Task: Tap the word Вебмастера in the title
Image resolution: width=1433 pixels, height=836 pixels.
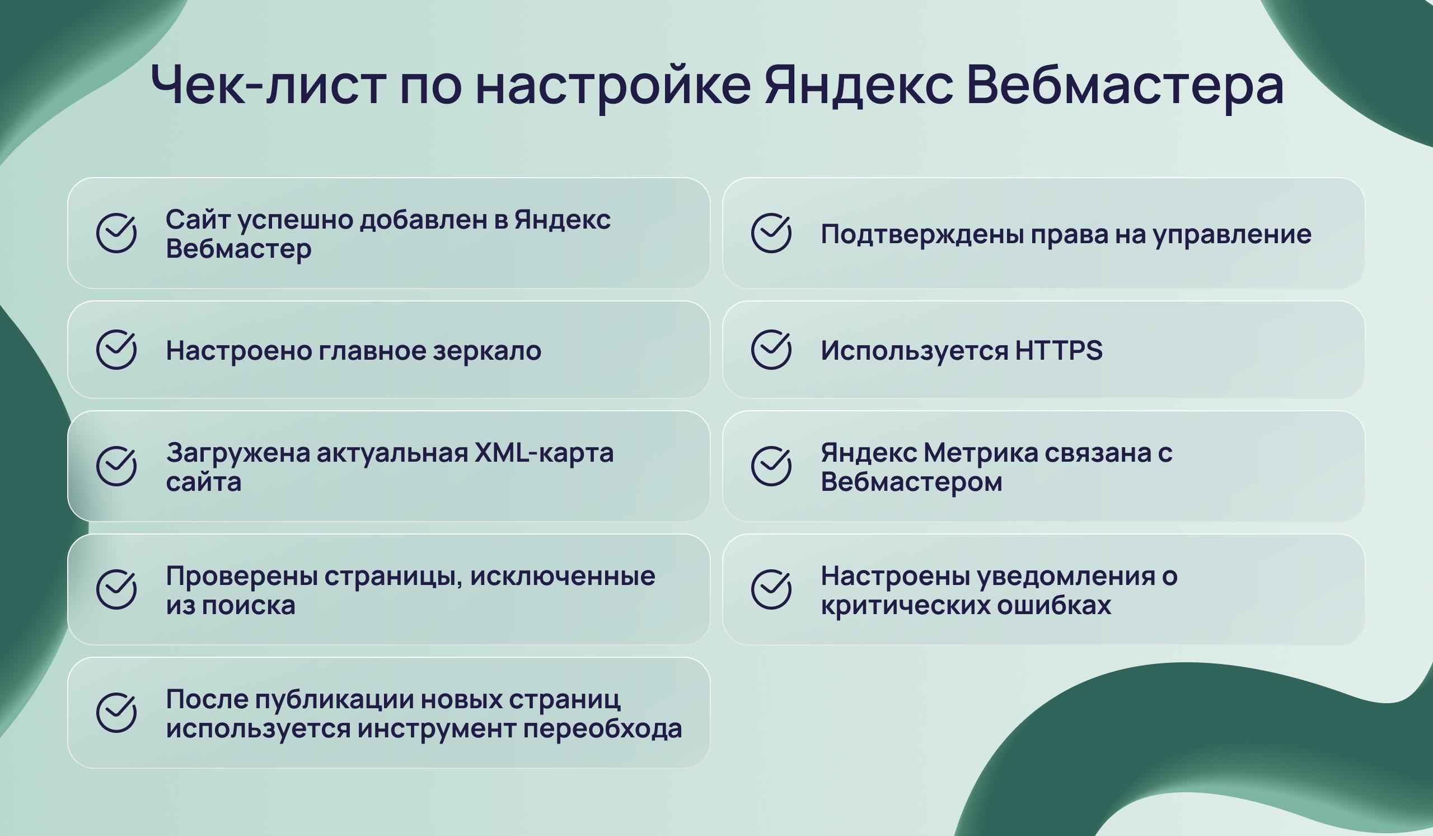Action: pos(1125,84)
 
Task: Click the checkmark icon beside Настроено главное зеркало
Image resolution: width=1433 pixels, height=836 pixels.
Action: pos(116,350)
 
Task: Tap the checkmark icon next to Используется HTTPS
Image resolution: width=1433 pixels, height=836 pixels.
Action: pos(771,350)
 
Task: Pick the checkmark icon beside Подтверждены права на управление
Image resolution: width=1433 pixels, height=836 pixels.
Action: pos(771,233)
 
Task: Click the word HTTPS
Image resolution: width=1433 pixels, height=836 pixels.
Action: pos(1059,350)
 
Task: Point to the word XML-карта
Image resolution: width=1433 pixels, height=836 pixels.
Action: pos(544,453)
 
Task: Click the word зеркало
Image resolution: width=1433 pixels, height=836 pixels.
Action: pos(487,351)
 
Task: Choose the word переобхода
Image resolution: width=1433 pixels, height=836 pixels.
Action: pos(603,728)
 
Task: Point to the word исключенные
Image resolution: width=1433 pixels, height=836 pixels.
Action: pos(563,576)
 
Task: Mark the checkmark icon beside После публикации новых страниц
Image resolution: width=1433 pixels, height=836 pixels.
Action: pos(116,713)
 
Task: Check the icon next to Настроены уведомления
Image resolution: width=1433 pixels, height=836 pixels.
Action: pos(771,589)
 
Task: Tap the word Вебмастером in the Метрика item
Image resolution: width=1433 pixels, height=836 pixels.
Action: pos(911,482)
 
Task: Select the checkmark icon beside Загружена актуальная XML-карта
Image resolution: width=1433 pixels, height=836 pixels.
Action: pos(116,466)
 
